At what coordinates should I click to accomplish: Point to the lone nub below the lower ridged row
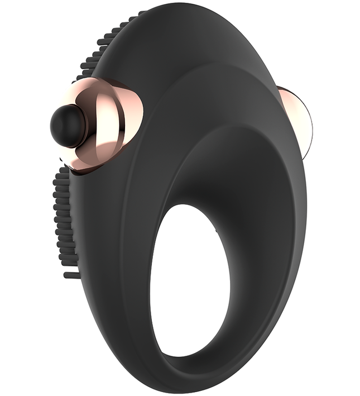pos(71,275)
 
